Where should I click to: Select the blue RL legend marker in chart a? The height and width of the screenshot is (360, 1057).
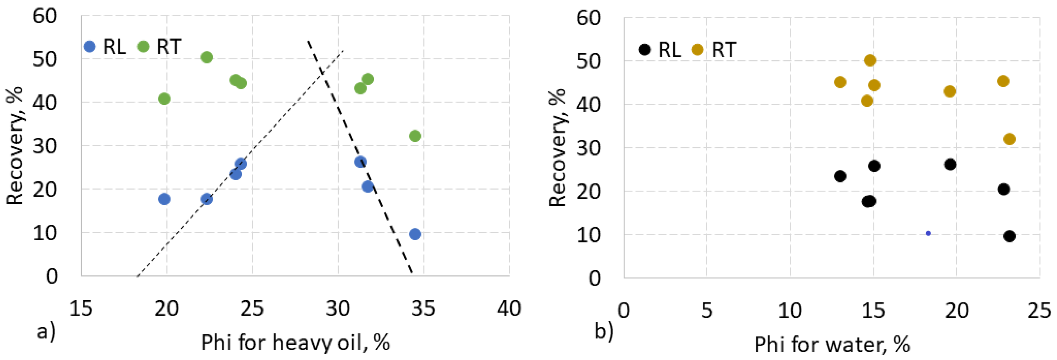point(89,46)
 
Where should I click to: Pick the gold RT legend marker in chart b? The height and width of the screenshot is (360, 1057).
point(697,50)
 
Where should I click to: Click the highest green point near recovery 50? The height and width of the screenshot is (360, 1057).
point(207,57)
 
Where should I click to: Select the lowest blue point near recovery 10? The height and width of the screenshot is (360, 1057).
point(415,234)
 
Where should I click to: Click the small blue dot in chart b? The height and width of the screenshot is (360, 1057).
point(928,233)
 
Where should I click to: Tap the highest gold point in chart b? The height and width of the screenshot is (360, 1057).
point(870,60)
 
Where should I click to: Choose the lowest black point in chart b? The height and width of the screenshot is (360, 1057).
point(1010,236)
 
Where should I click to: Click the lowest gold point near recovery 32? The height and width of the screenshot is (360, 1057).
point(1010,139)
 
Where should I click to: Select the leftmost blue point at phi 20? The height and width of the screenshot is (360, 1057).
point(164,199)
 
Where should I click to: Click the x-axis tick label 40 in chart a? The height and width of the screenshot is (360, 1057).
point(509,308)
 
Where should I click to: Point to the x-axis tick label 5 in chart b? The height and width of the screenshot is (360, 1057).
point(707,310)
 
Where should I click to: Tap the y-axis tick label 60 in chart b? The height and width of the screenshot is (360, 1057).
point(588,18)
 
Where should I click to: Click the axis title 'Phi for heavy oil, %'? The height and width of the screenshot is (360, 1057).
point(295,342)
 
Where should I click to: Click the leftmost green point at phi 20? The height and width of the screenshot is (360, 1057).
point(164,98)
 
